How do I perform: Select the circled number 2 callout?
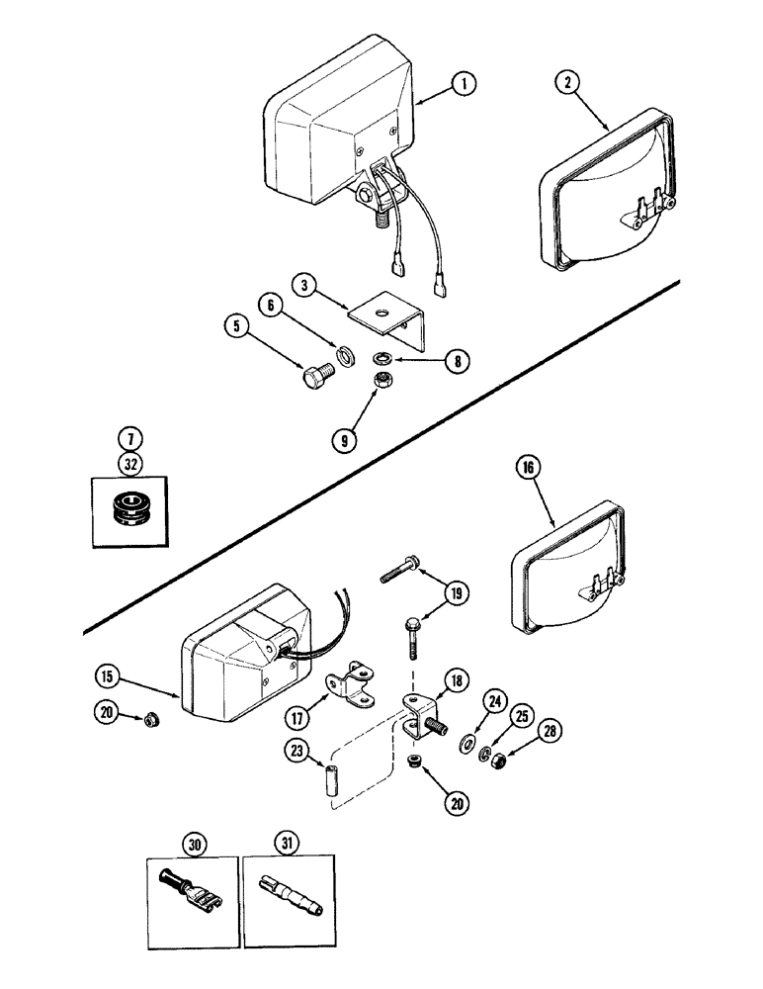point(567,83)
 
